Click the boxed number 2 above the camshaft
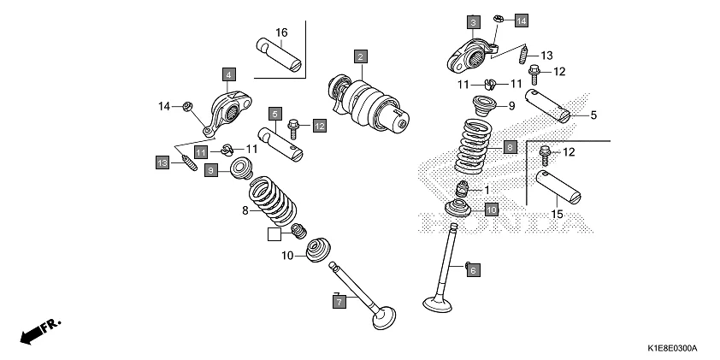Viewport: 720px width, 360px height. [361, 56]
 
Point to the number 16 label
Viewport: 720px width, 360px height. [281, 33]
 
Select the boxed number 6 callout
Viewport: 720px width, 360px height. [474, 269]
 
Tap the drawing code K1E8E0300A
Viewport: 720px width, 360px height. [671, 349]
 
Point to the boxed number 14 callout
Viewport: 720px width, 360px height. [521, 19]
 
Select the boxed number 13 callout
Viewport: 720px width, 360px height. [162, 162]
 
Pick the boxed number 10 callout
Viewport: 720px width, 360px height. [491, 209]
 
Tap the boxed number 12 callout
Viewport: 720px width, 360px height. [319, 126]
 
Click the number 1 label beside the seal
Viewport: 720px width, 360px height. [487, 190]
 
